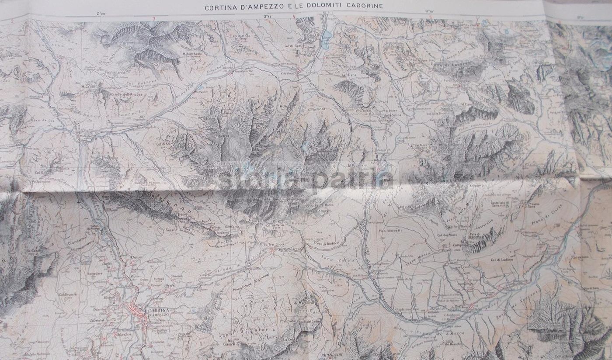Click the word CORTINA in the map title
click(x=219, y=7)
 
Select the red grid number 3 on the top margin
click(x=154, y=18)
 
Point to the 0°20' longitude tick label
click(x=101, y=14)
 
